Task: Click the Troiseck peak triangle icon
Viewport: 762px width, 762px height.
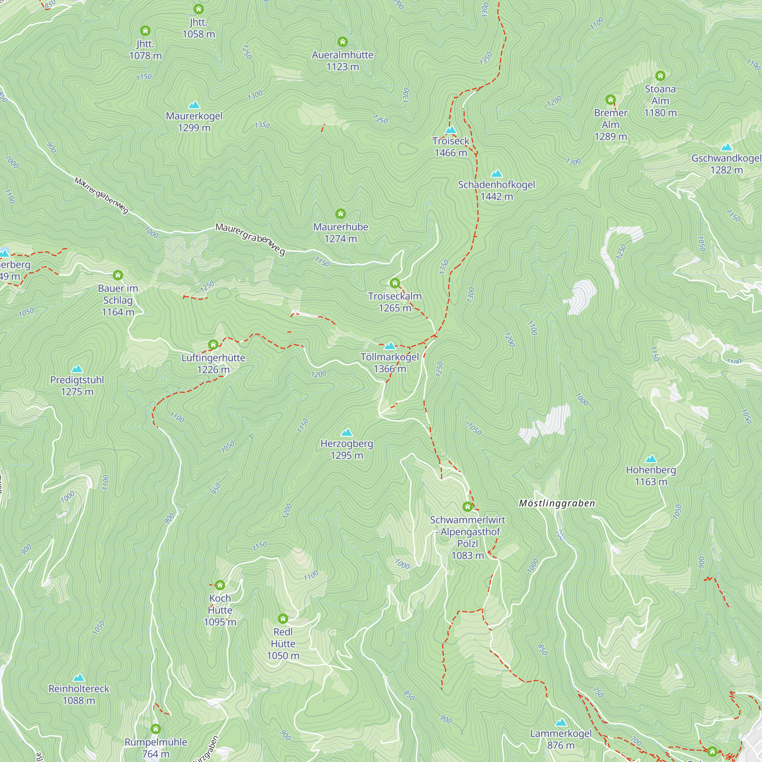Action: tap(450, 130)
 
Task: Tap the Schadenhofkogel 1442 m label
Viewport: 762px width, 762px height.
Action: tap(496, 190)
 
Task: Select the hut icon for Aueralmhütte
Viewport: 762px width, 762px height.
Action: tap(343, 42)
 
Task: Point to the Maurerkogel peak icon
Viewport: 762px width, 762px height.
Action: tap(194, 105)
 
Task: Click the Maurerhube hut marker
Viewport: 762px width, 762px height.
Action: tap(340, 214)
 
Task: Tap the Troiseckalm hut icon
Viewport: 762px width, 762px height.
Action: tap(395, 283)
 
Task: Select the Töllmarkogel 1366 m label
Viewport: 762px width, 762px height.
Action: tap(390, 363)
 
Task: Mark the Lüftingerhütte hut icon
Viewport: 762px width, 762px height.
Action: tap(213, 345)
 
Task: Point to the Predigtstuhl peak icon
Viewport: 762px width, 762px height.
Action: tap(77, 369)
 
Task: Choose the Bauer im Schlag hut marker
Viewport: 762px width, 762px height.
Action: tap(118, 275)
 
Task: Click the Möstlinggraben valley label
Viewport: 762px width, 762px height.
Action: tap(557, 504)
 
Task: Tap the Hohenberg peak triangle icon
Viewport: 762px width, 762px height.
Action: tap(651, 459)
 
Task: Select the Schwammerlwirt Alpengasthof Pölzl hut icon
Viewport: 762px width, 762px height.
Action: tap(467, 506)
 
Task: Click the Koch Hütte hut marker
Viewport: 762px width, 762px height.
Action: tap(220, 585)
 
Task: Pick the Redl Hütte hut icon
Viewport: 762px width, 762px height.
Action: tap(283, 618)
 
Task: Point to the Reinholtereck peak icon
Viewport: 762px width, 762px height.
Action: tap(79, 677)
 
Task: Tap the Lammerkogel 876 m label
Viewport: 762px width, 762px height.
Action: tap(560, 739)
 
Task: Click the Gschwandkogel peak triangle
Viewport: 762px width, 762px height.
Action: tap(726, 147)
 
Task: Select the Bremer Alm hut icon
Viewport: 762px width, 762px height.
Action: tap(610, 99)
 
